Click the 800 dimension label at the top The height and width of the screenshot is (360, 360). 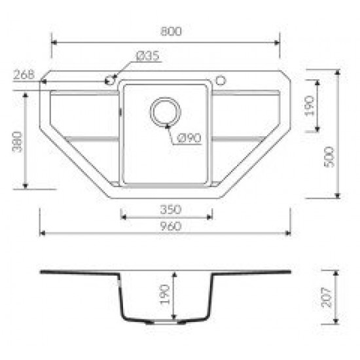171,31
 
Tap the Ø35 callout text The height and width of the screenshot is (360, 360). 148,56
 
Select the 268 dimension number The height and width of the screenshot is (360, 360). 24,75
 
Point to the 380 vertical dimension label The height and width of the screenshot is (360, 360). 17,142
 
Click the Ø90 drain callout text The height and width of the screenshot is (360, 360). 189,138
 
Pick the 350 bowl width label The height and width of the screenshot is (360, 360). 171,209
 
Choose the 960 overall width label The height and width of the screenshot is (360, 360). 171,226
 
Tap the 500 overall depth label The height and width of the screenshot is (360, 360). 330,157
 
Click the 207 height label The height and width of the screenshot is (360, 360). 327,297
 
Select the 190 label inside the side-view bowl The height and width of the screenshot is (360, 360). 164,295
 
